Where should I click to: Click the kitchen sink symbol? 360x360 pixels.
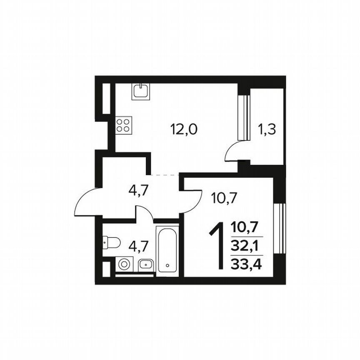(x=141, y=91)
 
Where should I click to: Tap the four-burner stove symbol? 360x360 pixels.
(x=123, y=125)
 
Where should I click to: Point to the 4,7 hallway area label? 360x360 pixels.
(x=139, y=191)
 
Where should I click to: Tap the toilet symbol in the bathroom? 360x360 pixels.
(x=112, y=242)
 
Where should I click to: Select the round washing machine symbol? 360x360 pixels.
(x=124, y=264)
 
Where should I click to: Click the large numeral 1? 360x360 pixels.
(x=217, y=246)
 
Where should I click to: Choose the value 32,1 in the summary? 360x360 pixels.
(x=246, y=246)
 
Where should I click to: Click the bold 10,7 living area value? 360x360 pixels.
(x=246, y=227)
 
